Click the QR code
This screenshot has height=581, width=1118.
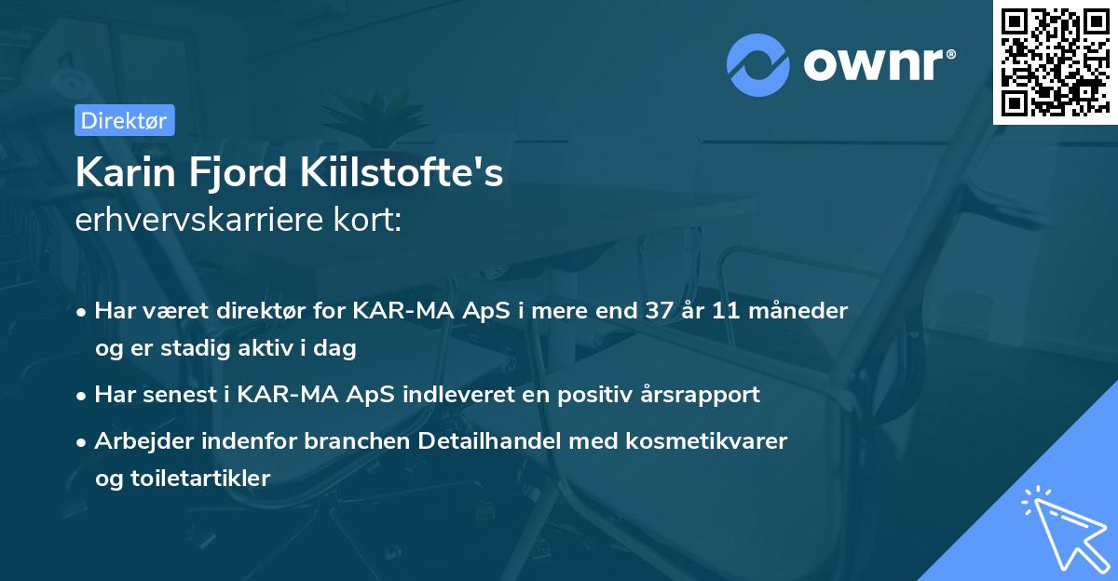(x=1055, y=62)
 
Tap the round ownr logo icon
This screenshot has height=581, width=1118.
(x=757, y=64)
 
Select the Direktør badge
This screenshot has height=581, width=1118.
(x=123, y=119)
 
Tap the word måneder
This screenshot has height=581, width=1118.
(x=799, y=311)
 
